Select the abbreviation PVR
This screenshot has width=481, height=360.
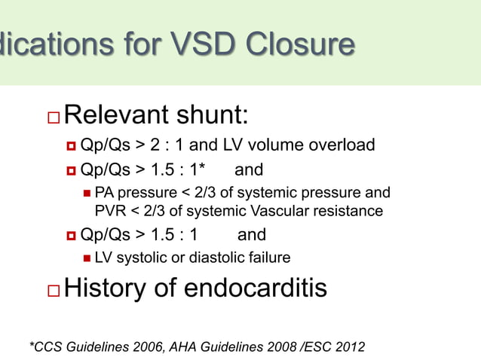coord(110,211)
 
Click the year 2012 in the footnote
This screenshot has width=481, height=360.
coord(349,346)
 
